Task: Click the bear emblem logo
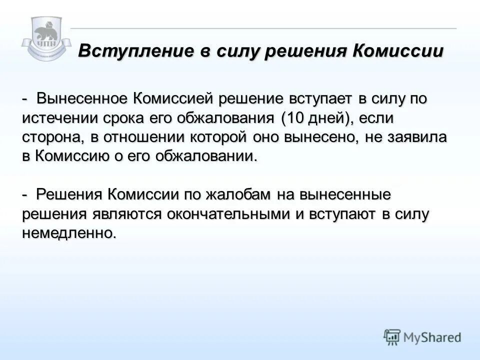pyautogui.click(x=46, y=37)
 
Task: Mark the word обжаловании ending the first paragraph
pyautogui.click(x=202, y=156)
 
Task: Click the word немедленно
pyautogui.click(x=68, y=232)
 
